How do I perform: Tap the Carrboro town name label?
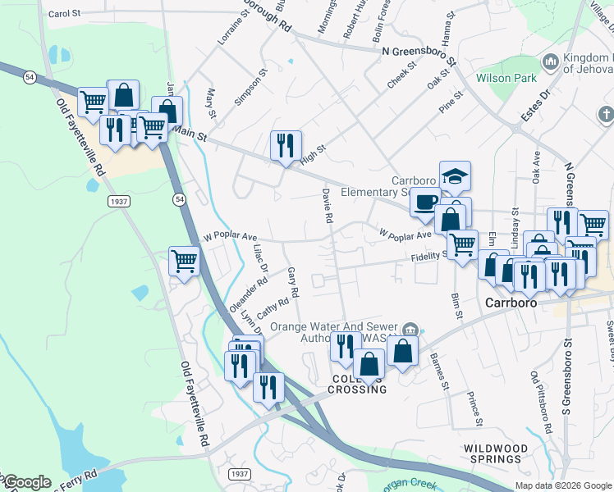click(510, 302)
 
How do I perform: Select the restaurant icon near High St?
click(286, 145)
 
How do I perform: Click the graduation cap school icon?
click(455, 175)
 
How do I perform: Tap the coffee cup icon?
click(425, 201)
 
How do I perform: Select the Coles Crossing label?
click(359, 384)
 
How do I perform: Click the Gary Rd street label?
click(292, 281)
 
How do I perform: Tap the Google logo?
click(27, 482)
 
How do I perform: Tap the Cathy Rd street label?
click(273, 308)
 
